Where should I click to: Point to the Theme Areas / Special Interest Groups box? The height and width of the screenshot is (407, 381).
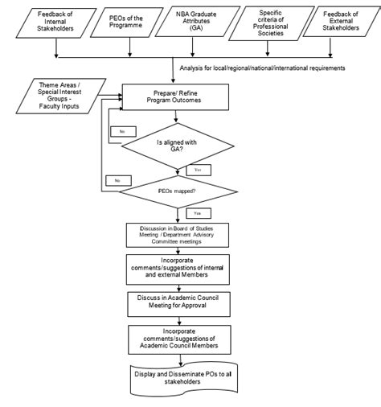53,96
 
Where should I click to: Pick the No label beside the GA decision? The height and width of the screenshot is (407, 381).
122,129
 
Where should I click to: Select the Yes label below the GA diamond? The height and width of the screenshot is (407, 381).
198,171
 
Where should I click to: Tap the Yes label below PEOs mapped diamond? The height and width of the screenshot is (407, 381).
197,214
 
